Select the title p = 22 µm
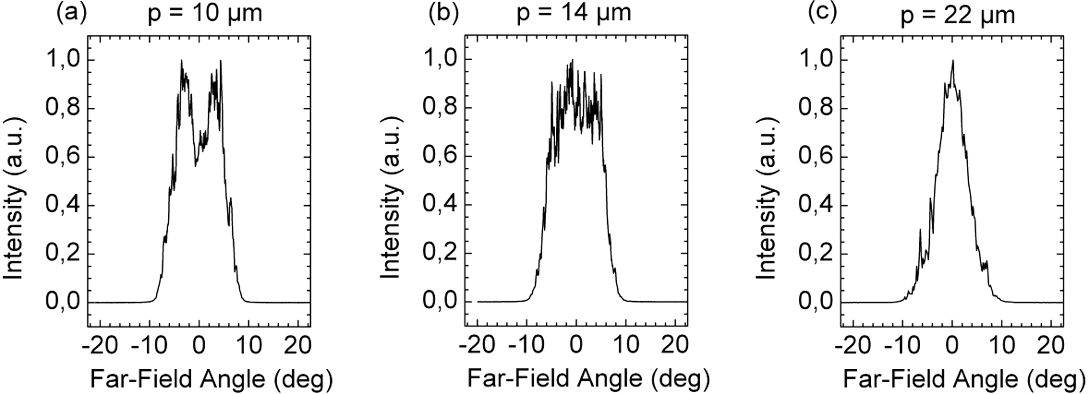957,15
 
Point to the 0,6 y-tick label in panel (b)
440,157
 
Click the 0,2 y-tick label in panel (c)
815,254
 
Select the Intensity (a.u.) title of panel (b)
390,198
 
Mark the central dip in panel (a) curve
195,165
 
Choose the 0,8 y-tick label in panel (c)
815,108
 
